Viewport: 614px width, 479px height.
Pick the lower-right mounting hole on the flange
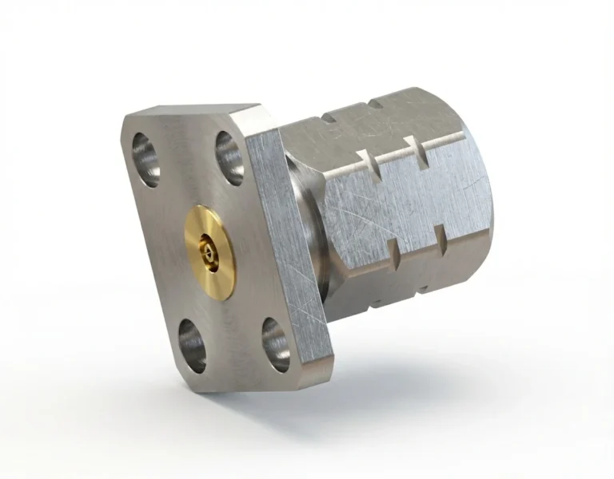coord(275,344)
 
